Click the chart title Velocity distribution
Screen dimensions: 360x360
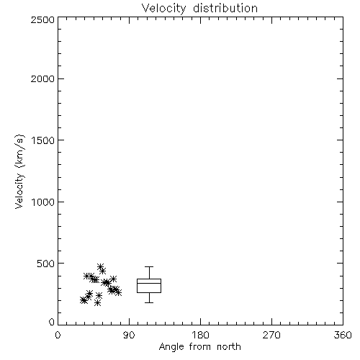[199, 9]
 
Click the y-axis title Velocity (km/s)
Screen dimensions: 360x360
[19, 171]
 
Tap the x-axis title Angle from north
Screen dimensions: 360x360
[199, 347]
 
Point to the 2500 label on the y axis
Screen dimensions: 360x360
[42, 19]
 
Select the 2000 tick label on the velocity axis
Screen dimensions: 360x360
[42, 78]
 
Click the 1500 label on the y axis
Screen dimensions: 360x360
[43, 140]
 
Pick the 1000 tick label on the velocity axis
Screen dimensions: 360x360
[43, 202]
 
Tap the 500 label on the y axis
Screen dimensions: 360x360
[46, 264]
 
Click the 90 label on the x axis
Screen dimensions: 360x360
[129, 335]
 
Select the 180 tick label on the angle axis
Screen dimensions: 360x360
[200, 335]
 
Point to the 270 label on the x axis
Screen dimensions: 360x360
[271, 335]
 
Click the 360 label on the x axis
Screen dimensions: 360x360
[343, 335]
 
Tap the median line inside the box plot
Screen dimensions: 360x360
[149, 283]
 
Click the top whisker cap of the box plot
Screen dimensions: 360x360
[149, 266]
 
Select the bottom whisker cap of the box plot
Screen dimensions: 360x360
[149, 302]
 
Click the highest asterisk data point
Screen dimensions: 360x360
[101, 266]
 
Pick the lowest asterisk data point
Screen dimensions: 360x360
[97, 303]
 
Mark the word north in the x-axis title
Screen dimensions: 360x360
[229, 347]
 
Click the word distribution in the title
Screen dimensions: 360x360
[225, 9]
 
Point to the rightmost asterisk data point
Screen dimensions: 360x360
[118, 292]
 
